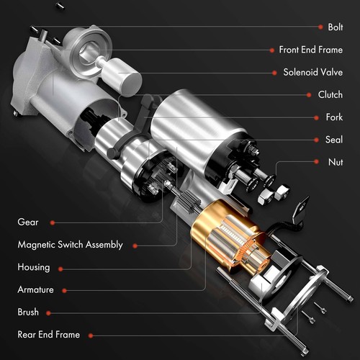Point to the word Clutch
(330, 94)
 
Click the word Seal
(333, 139)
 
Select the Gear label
(28, 222)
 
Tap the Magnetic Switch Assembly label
(70, 245)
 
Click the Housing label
(34, 267)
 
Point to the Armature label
(36, 289)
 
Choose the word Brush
(28, 312)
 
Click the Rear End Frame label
(48, 335)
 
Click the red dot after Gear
(52, 222)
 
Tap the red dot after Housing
(60, 268)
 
